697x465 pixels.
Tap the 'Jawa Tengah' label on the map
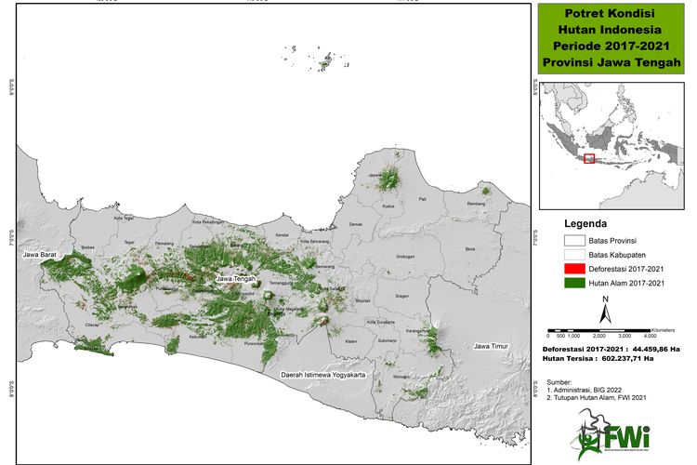click(237, 278)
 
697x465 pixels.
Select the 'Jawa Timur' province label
click(493, 347)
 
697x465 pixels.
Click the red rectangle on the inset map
click(588, 158)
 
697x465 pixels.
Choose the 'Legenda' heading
click(586, 224)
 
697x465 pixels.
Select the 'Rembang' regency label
click(477, 204)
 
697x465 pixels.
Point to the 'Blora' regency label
click(469, 249)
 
